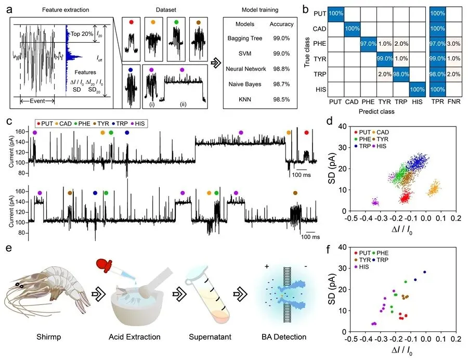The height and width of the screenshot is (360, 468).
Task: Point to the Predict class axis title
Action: (373, 111)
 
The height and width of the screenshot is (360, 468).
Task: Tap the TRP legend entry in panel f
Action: (385, 259)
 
